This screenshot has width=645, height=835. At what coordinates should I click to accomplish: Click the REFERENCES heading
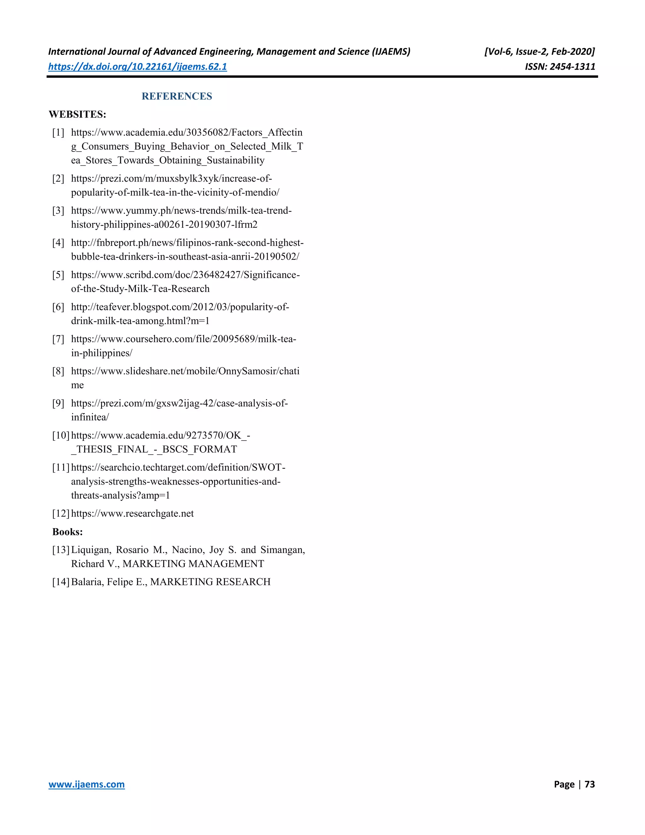(x=177, y=96)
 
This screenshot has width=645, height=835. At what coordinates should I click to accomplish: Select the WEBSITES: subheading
(x=77, y=114)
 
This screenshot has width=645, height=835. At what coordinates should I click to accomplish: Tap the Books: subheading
(x=68, y=532)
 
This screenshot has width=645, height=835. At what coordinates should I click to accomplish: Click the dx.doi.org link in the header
(x=138, y=66)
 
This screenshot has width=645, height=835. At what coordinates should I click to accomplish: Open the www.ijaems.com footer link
(x=87, y=784)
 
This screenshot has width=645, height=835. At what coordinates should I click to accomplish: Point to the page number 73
(x=590, y=784)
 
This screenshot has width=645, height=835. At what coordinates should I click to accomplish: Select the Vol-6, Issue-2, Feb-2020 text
(x=539, y=52)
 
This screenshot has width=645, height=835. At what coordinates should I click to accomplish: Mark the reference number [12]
(x=61, y=514)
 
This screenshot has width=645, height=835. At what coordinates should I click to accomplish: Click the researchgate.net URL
(x=132, y=514)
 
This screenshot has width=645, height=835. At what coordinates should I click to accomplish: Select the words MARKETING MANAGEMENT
(x=193, y=564)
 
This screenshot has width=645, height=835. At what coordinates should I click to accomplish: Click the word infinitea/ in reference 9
(x=90, y=417)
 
